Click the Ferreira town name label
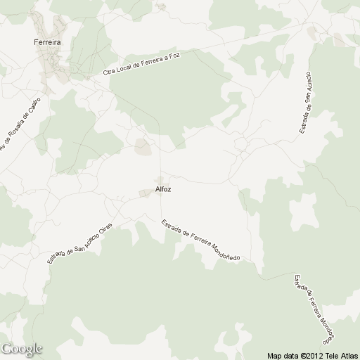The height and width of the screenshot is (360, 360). [x=48, y=42]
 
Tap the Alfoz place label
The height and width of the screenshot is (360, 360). [x=163, y=189]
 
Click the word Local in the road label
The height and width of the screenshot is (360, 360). [x=124, y=68]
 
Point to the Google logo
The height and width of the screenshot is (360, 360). [x=22, y=349]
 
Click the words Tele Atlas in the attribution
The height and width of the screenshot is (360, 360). [x=340, y=355]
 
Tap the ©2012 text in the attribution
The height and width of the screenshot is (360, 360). [x=311, y=355]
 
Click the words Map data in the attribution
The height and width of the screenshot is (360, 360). [x=283, y=355]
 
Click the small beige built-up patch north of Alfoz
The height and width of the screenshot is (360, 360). [x=143, y=147]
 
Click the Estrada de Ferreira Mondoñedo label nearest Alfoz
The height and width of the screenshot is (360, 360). [x=200, y=241]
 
